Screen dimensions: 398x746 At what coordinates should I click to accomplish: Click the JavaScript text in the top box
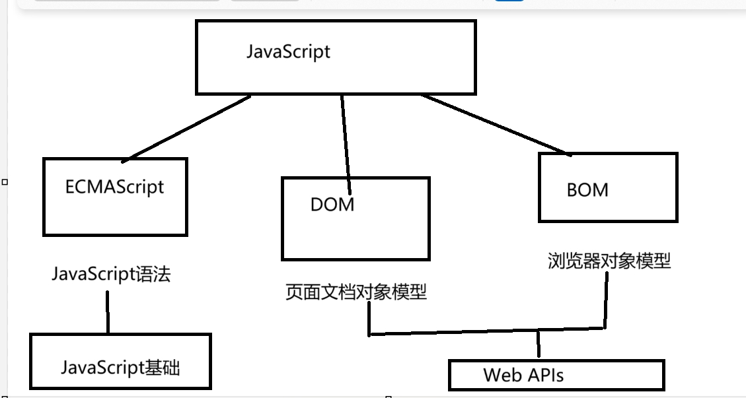tap(288, 51)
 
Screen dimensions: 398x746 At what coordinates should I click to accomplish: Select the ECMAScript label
tap(114, 187)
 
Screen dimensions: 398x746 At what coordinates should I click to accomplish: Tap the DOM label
tap(332, 205)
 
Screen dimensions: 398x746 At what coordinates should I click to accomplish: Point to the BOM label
tap(587, 190)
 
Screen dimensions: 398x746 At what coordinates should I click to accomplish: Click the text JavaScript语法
tap(111, 274)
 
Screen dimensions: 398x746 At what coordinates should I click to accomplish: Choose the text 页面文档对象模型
tap(356, 292)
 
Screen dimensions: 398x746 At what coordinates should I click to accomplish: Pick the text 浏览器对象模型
tap(609, 261)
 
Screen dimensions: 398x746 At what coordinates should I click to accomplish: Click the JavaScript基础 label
tap(120, 367)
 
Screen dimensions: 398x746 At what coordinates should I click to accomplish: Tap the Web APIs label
tap(523, 376)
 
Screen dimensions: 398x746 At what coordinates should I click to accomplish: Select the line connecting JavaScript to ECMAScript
tap(186, 127)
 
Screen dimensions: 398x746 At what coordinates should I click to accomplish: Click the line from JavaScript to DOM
tap(344, 135)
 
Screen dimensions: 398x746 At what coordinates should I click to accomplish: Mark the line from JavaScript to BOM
tap(496, 125)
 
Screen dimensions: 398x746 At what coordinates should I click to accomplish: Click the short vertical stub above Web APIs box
tap(539, 345)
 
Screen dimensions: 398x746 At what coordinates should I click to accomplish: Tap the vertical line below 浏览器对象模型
tap(605, 300)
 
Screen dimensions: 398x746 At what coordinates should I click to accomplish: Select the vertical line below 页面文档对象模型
tap(369, 320)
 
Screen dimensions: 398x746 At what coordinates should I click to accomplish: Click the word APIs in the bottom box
tap(544, 376)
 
